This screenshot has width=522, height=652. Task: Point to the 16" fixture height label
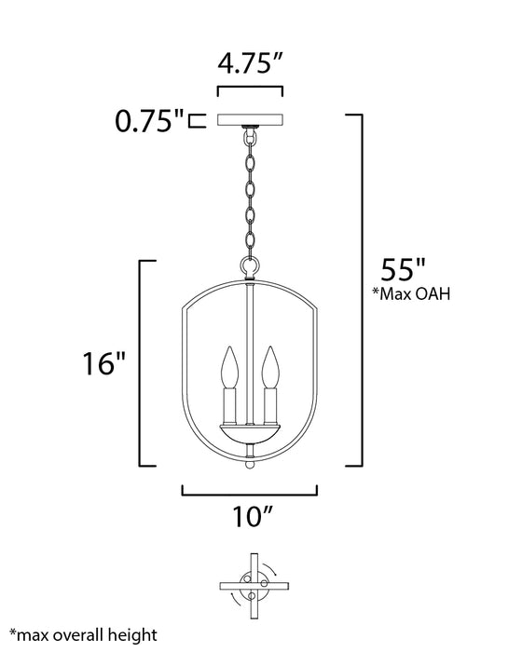click(103, 362)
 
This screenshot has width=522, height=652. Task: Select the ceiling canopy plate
click(250, 121)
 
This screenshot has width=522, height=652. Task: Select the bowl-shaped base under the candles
click(249, 433)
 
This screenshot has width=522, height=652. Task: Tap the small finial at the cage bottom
click(249, 463)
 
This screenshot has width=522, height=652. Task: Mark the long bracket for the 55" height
click(360, 289)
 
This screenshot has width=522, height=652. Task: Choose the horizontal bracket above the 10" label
click(249, 490)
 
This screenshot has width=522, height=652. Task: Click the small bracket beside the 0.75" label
click(194, 121)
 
